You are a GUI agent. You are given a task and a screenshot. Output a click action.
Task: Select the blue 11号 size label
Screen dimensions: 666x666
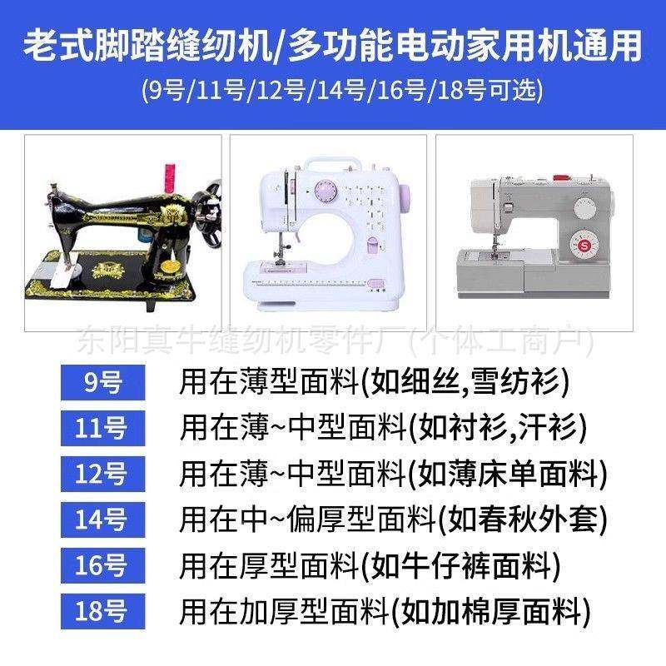click(x=103, y=429)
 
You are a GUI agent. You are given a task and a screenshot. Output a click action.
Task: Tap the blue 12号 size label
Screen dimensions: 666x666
click(x=103, y=475)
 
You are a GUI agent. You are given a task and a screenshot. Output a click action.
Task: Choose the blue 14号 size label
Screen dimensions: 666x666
click(x=103, y=520)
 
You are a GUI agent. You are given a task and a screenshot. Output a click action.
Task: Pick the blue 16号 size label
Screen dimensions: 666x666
click(x=103, y=567)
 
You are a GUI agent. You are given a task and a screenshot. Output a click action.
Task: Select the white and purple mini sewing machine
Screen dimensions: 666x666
click(x=328, y=229)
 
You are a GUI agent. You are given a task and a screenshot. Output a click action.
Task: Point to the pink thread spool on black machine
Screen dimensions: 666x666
click(x=167, y=176)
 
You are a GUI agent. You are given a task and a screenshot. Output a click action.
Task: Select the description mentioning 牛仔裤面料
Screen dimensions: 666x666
click(x=370, y=567)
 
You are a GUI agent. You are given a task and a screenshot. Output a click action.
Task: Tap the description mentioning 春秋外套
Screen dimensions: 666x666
click(x=393, y=520)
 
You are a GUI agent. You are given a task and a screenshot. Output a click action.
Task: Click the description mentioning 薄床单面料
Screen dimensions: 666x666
click(x=393, y=475)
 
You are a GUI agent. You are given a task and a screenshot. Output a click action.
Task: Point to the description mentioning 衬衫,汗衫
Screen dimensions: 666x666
click(x=384, y=429)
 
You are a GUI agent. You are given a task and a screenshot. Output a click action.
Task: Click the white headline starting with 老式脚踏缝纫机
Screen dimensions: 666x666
click(x=333, y=47)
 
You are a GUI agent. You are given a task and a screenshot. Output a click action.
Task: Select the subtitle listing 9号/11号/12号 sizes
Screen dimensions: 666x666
click(x=333, y=88)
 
